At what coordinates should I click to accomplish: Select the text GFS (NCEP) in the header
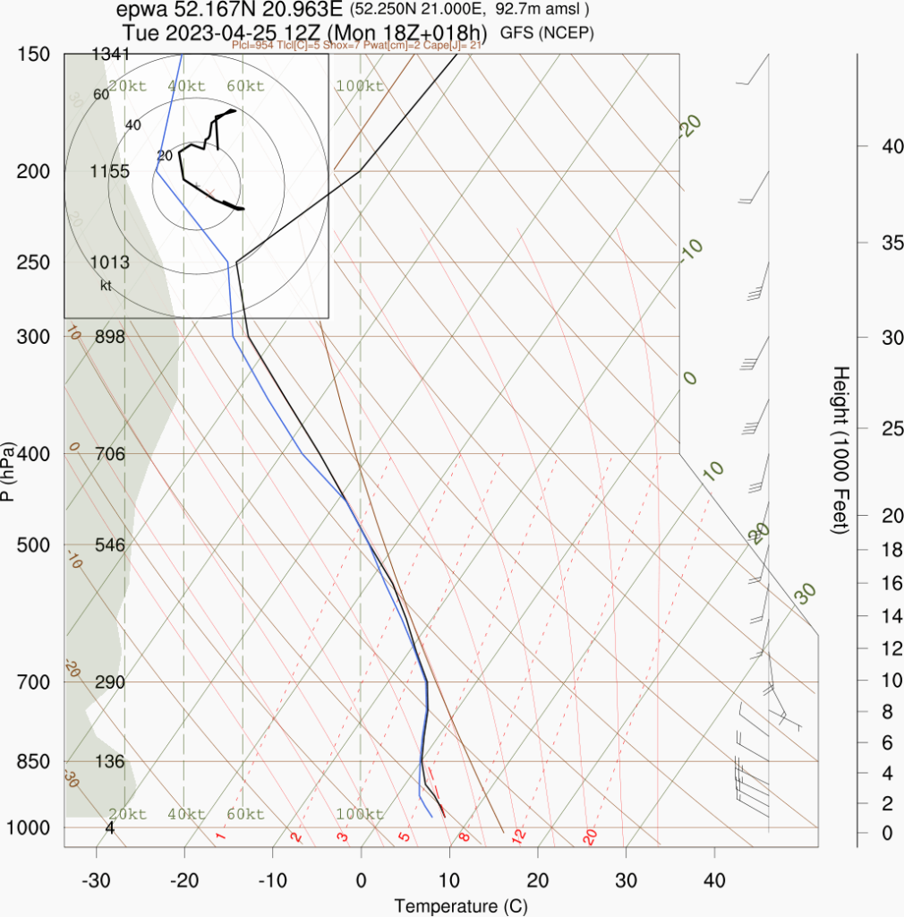[x=547, y=33]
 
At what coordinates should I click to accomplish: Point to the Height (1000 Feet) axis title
[x=840, y=450]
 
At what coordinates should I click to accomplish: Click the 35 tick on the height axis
[x=882, y=243]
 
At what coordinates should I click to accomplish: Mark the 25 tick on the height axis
[x=882, y=429]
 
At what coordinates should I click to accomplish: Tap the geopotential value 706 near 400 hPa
[x=109, y=454]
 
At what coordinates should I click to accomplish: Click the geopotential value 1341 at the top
[x=111, y=55]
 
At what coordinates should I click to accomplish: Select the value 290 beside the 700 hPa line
[x=109, y=682]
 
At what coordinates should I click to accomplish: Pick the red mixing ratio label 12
[x=517, y=836]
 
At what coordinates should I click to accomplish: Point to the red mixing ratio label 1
[x=220, y=836]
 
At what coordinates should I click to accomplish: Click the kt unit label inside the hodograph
[x=106, y=286]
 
